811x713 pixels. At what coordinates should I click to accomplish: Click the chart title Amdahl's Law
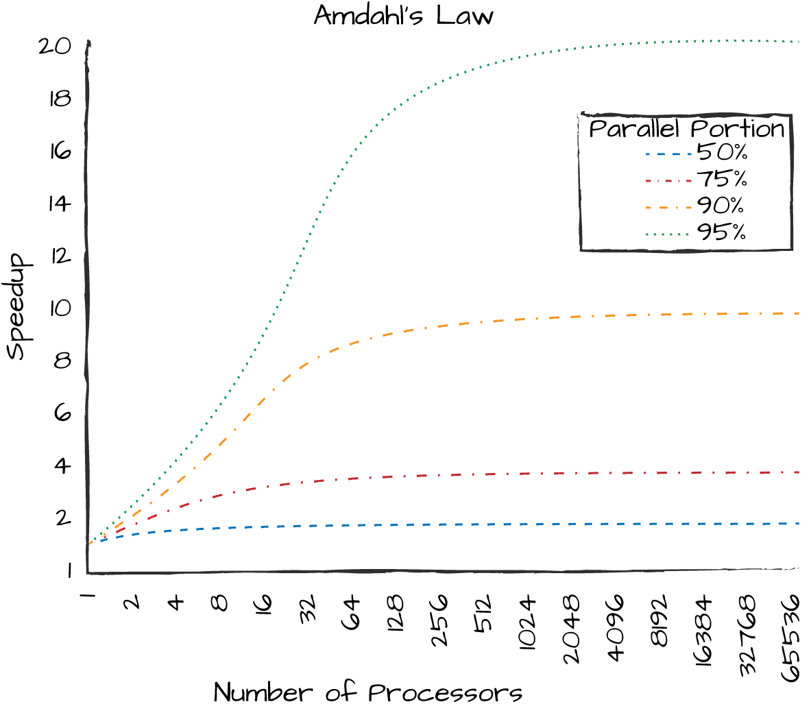tap(403, 15)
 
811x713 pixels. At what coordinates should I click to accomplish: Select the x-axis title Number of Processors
tap(368, 692)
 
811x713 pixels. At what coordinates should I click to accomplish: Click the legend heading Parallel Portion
tap(686, 129)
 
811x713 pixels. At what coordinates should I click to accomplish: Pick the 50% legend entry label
tap(721, 152)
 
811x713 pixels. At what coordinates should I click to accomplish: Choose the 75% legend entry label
tap(721, 179)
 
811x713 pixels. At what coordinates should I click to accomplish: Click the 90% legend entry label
tap(721, 206)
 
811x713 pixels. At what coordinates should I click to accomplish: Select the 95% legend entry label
tap(721, 233)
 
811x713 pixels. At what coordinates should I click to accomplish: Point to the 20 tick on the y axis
tap(55, 47)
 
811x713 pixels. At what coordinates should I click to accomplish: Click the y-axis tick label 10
tap(60, 309)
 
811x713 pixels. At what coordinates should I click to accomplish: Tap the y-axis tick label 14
tap(60, 204)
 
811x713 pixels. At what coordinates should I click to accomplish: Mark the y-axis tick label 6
tap(62, 413)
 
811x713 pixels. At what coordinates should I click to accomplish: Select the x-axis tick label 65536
tap(791, 638)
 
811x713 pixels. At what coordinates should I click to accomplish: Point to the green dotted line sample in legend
tap(667, 234)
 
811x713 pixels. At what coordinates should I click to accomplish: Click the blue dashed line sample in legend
tap(667, 154)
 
